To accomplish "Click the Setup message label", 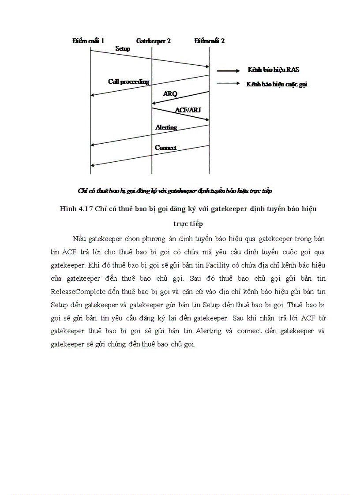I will coord(123,49).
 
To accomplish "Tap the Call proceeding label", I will coord(129,82).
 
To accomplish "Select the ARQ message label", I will coord(170,94).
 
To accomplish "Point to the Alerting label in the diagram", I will coord(166,127).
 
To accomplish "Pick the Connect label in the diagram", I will coord(165,148).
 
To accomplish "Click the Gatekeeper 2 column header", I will coord(153,41).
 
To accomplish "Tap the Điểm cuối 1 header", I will coord(88,41).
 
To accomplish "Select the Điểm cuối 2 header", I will coord(210,41).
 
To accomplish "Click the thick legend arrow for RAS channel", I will coord(228,70).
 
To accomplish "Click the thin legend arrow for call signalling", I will coord(228,84).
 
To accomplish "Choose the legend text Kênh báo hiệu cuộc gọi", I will coord(277,84).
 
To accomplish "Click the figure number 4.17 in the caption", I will coord(86,209).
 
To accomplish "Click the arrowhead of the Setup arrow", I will coord(207,67).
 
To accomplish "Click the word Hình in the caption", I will coord(67,209).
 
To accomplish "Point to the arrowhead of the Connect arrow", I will coord(92,166).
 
